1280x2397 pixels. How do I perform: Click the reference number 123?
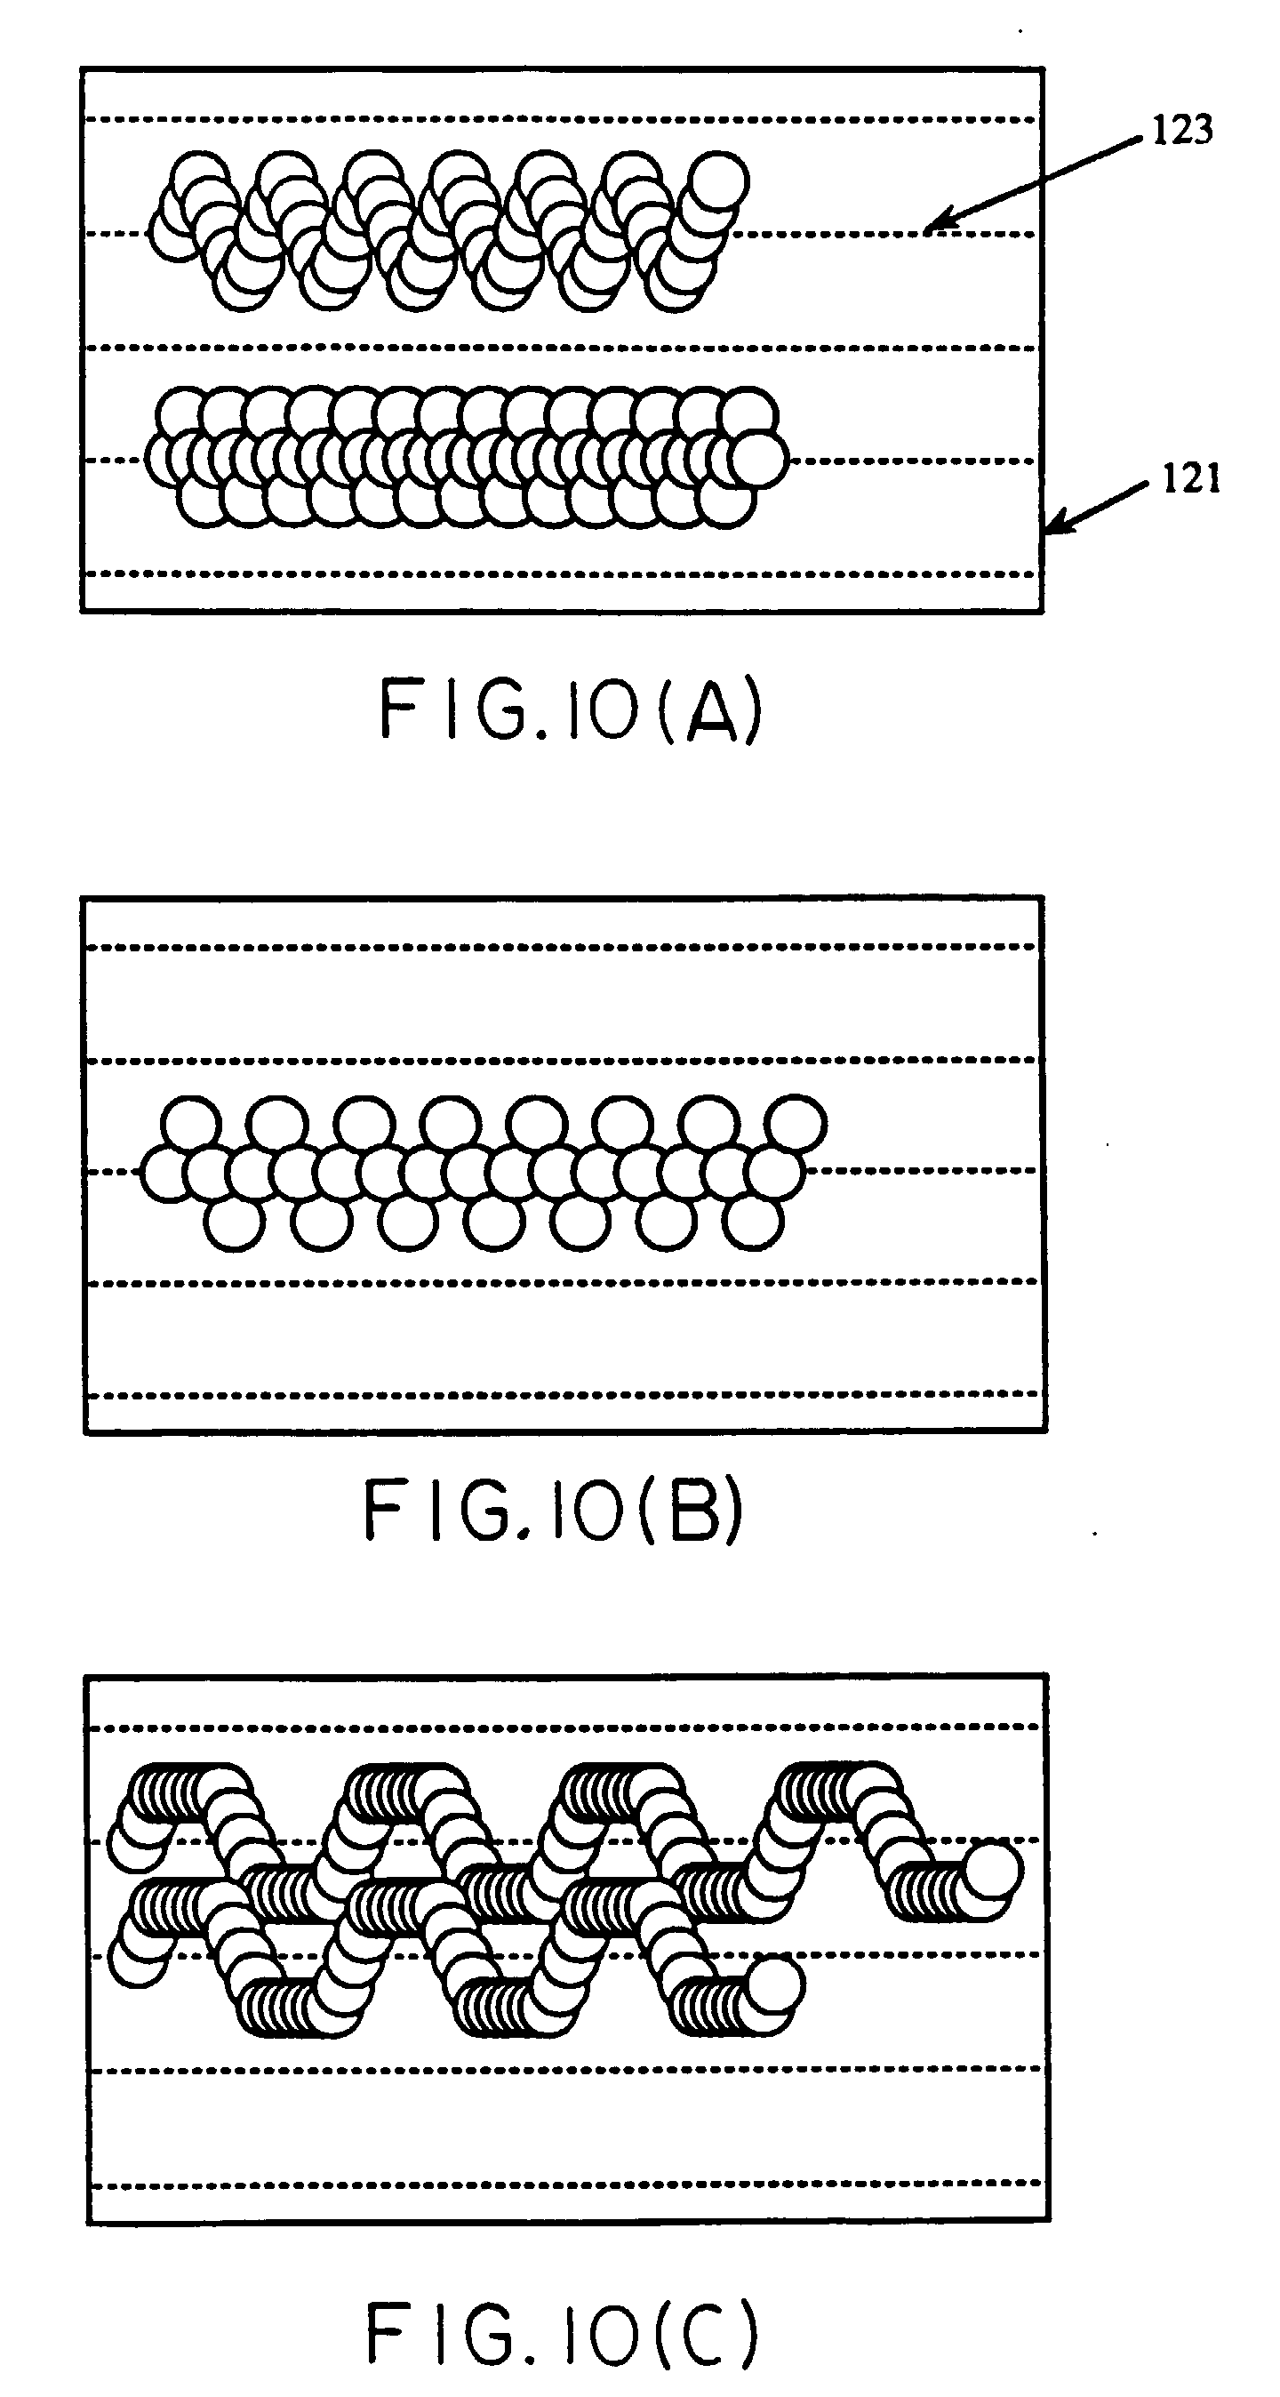coord(1182,131)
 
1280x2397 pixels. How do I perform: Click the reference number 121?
coord(1191,480)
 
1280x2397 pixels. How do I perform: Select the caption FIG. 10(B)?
coord(554,1511)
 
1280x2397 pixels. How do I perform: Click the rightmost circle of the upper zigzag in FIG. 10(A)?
coord(718,180)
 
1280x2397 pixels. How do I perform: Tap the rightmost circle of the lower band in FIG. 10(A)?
coord(759,460)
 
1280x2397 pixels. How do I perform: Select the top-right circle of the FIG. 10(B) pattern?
coord(796,1123)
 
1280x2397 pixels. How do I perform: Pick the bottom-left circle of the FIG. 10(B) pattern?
coord(233,1222)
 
